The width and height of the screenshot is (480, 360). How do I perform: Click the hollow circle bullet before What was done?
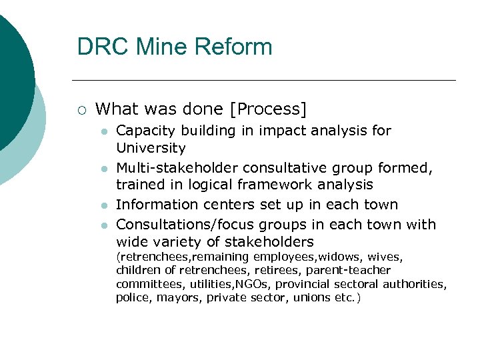coord(82,109)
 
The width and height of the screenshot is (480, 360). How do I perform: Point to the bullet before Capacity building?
coord(104,131)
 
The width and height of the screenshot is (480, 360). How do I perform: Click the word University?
coord(150,148)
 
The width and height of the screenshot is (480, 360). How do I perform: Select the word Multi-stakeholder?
coord(177,167)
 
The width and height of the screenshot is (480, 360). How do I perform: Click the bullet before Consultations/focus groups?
coord(104,226)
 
